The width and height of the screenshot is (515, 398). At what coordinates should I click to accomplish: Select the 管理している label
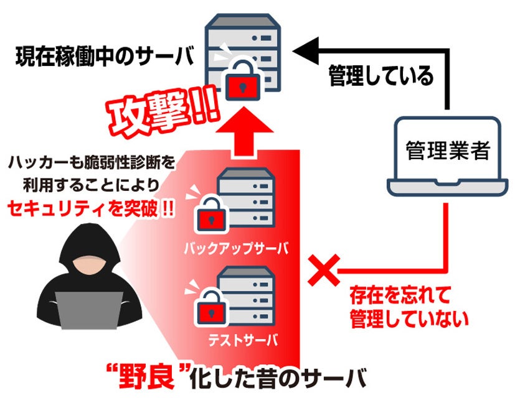[x=380, y=77]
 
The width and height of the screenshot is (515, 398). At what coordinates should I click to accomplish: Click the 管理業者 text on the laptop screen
[x=447, y=150]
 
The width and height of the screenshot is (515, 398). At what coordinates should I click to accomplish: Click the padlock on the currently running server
[x=240, y=81]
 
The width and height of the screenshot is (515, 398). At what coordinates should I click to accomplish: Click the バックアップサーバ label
[x=236, y=249]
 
